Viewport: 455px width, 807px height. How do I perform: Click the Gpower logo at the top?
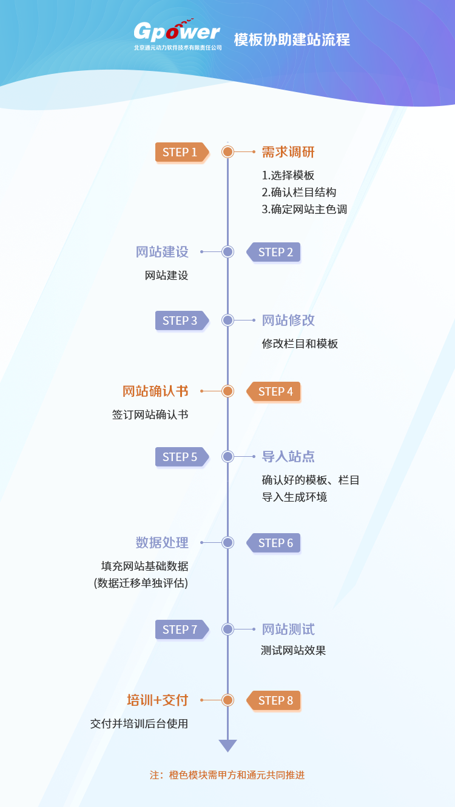tap(177, 35)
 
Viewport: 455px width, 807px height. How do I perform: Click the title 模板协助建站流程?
tap(292, 40)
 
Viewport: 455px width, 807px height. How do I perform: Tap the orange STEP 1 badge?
tap(180, 152)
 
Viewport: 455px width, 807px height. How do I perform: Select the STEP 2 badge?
tap(275, 252)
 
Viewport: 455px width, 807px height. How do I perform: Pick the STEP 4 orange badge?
tap(275, 391)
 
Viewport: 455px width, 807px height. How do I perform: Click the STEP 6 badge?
tap(275, 543)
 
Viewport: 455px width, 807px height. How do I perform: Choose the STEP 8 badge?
tap(275, 700)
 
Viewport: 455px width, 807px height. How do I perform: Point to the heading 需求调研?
tap(288, 152)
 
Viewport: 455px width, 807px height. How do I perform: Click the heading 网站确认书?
tap(155, 391)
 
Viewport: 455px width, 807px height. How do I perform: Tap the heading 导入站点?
tap(288, 457)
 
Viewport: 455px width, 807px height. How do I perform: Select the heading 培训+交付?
tap(157, 700)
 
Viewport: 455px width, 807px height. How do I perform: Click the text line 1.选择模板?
tap(288, 176)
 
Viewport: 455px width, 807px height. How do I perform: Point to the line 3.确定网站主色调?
tap(305, 210)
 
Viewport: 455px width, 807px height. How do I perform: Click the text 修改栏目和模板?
tap(300, 344)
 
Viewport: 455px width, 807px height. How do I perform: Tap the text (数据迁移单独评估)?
tap(141, 583)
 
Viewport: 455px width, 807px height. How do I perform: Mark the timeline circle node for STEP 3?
tap(227, 320)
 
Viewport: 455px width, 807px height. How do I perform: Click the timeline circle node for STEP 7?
tap(227, 629)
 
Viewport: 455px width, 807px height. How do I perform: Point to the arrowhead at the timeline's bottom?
tap(227, 745)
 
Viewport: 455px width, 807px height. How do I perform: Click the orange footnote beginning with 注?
tap(227, 775)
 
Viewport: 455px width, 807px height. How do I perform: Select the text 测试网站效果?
tap(294, 651)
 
